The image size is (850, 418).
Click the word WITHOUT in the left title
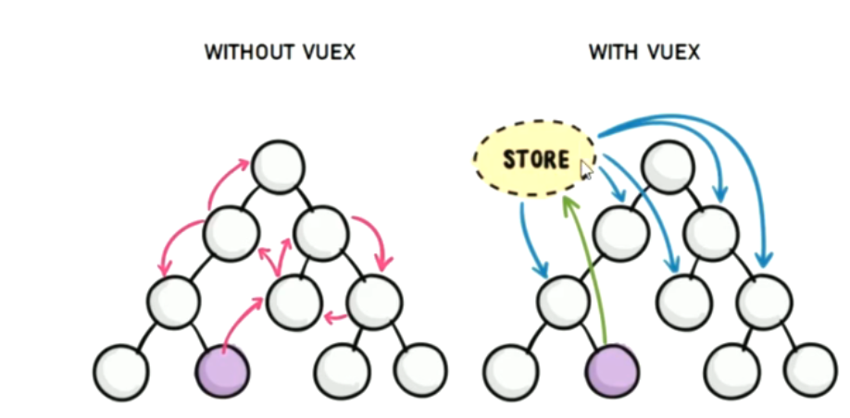coord(241,53)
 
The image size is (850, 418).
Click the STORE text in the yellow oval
coord(536,158)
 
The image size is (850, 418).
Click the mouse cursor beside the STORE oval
coord(586,170)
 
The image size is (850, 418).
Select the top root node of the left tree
coord(277,166)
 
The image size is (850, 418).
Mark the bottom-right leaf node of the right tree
coord(810,370)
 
